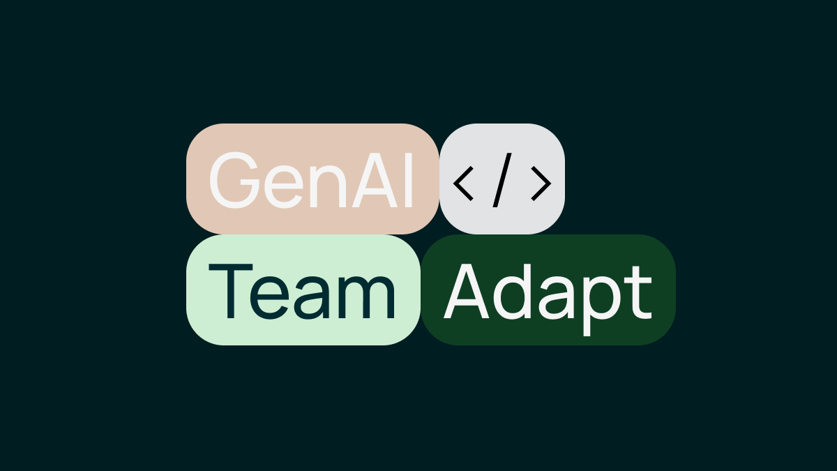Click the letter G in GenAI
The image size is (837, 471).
[234, 180]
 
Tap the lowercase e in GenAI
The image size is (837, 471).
[283, 187]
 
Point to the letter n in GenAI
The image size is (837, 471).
[328, 186]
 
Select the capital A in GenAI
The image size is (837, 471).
[375, 180]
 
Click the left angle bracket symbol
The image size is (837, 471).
[463, 184]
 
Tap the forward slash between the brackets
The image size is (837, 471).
[502, 180]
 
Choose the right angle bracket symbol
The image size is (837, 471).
[541, 184]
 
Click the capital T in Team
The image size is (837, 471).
[231, 291]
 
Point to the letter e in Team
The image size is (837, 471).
[269, 299]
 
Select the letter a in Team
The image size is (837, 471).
[311, 299]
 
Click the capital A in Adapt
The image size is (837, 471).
[467, 291]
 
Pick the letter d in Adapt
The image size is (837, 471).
[511, 292]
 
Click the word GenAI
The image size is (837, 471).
[311, 180]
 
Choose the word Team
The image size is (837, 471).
[302, 292]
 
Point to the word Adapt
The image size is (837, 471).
[548, 300]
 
